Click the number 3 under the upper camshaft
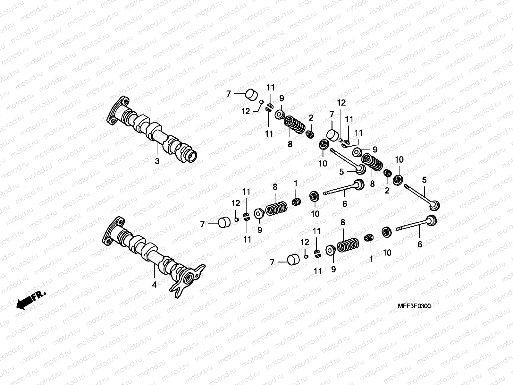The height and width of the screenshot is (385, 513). [157, 161]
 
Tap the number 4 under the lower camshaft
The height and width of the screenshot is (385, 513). [154, 285]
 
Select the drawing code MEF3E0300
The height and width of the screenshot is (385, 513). [414, 306]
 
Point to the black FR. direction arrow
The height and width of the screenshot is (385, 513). [24, 303]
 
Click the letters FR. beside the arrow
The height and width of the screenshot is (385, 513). [39, 295]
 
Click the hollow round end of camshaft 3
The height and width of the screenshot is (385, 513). [192, 157]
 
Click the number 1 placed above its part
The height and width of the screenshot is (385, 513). [296, 184]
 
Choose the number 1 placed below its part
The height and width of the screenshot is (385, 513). [371, 259]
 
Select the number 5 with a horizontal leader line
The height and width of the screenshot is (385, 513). [341, 172]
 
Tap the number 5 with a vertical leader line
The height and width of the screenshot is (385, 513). [424, 180]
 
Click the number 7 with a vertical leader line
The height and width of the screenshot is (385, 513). [332, 114]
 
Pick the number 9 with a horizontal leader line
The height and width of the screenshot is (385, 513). [375, 150]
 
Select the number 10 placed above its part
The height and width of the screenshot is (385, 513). [399, 160]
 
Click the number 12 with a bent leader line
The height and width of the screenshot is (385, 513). [245, 112]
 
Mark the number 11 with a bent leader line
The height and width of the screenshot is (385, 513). [358, 133]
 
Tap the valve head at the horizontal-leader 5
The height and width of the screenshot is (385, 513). [360, 169]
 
